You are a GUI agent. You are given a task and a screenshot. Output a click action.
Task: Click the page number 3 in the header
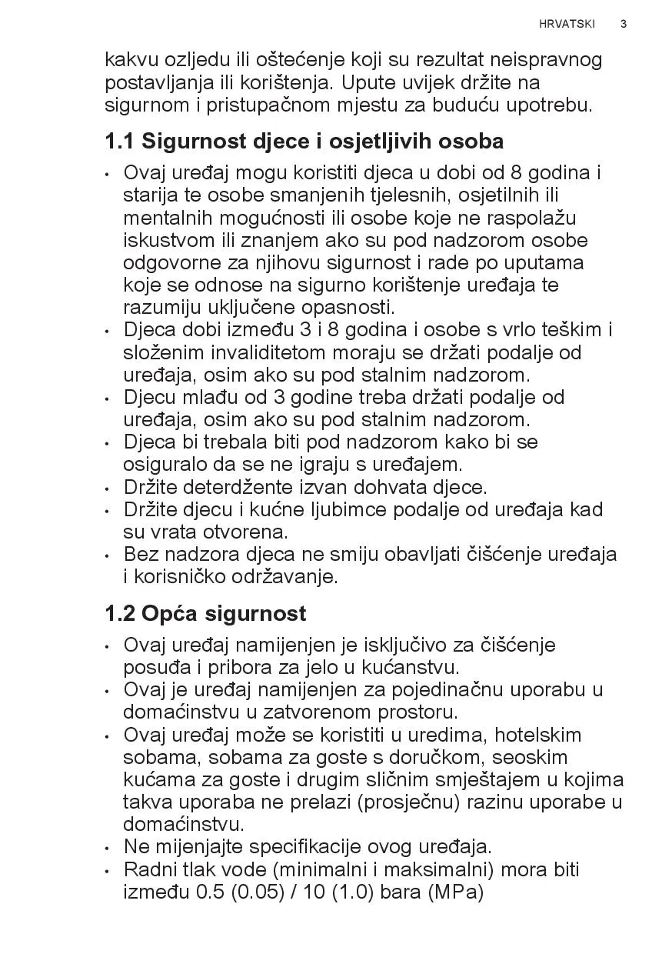click(624, 24)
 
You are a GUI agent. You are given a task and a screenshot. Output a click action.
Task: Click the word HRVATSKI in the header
click(567, 24)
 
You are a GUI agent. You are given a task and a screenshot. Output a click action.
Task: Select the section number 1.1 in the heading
click(120, 142)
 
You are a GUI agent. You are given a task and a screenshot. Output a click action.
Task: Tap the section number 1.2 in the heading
click(120, 614)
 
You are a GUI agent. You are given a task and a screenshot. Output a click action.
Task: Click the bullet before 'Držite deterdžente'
click(108, 489)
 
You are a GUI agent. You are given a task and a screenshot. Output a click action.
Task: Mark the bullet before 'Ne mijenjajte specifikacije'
click(108, 849)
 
